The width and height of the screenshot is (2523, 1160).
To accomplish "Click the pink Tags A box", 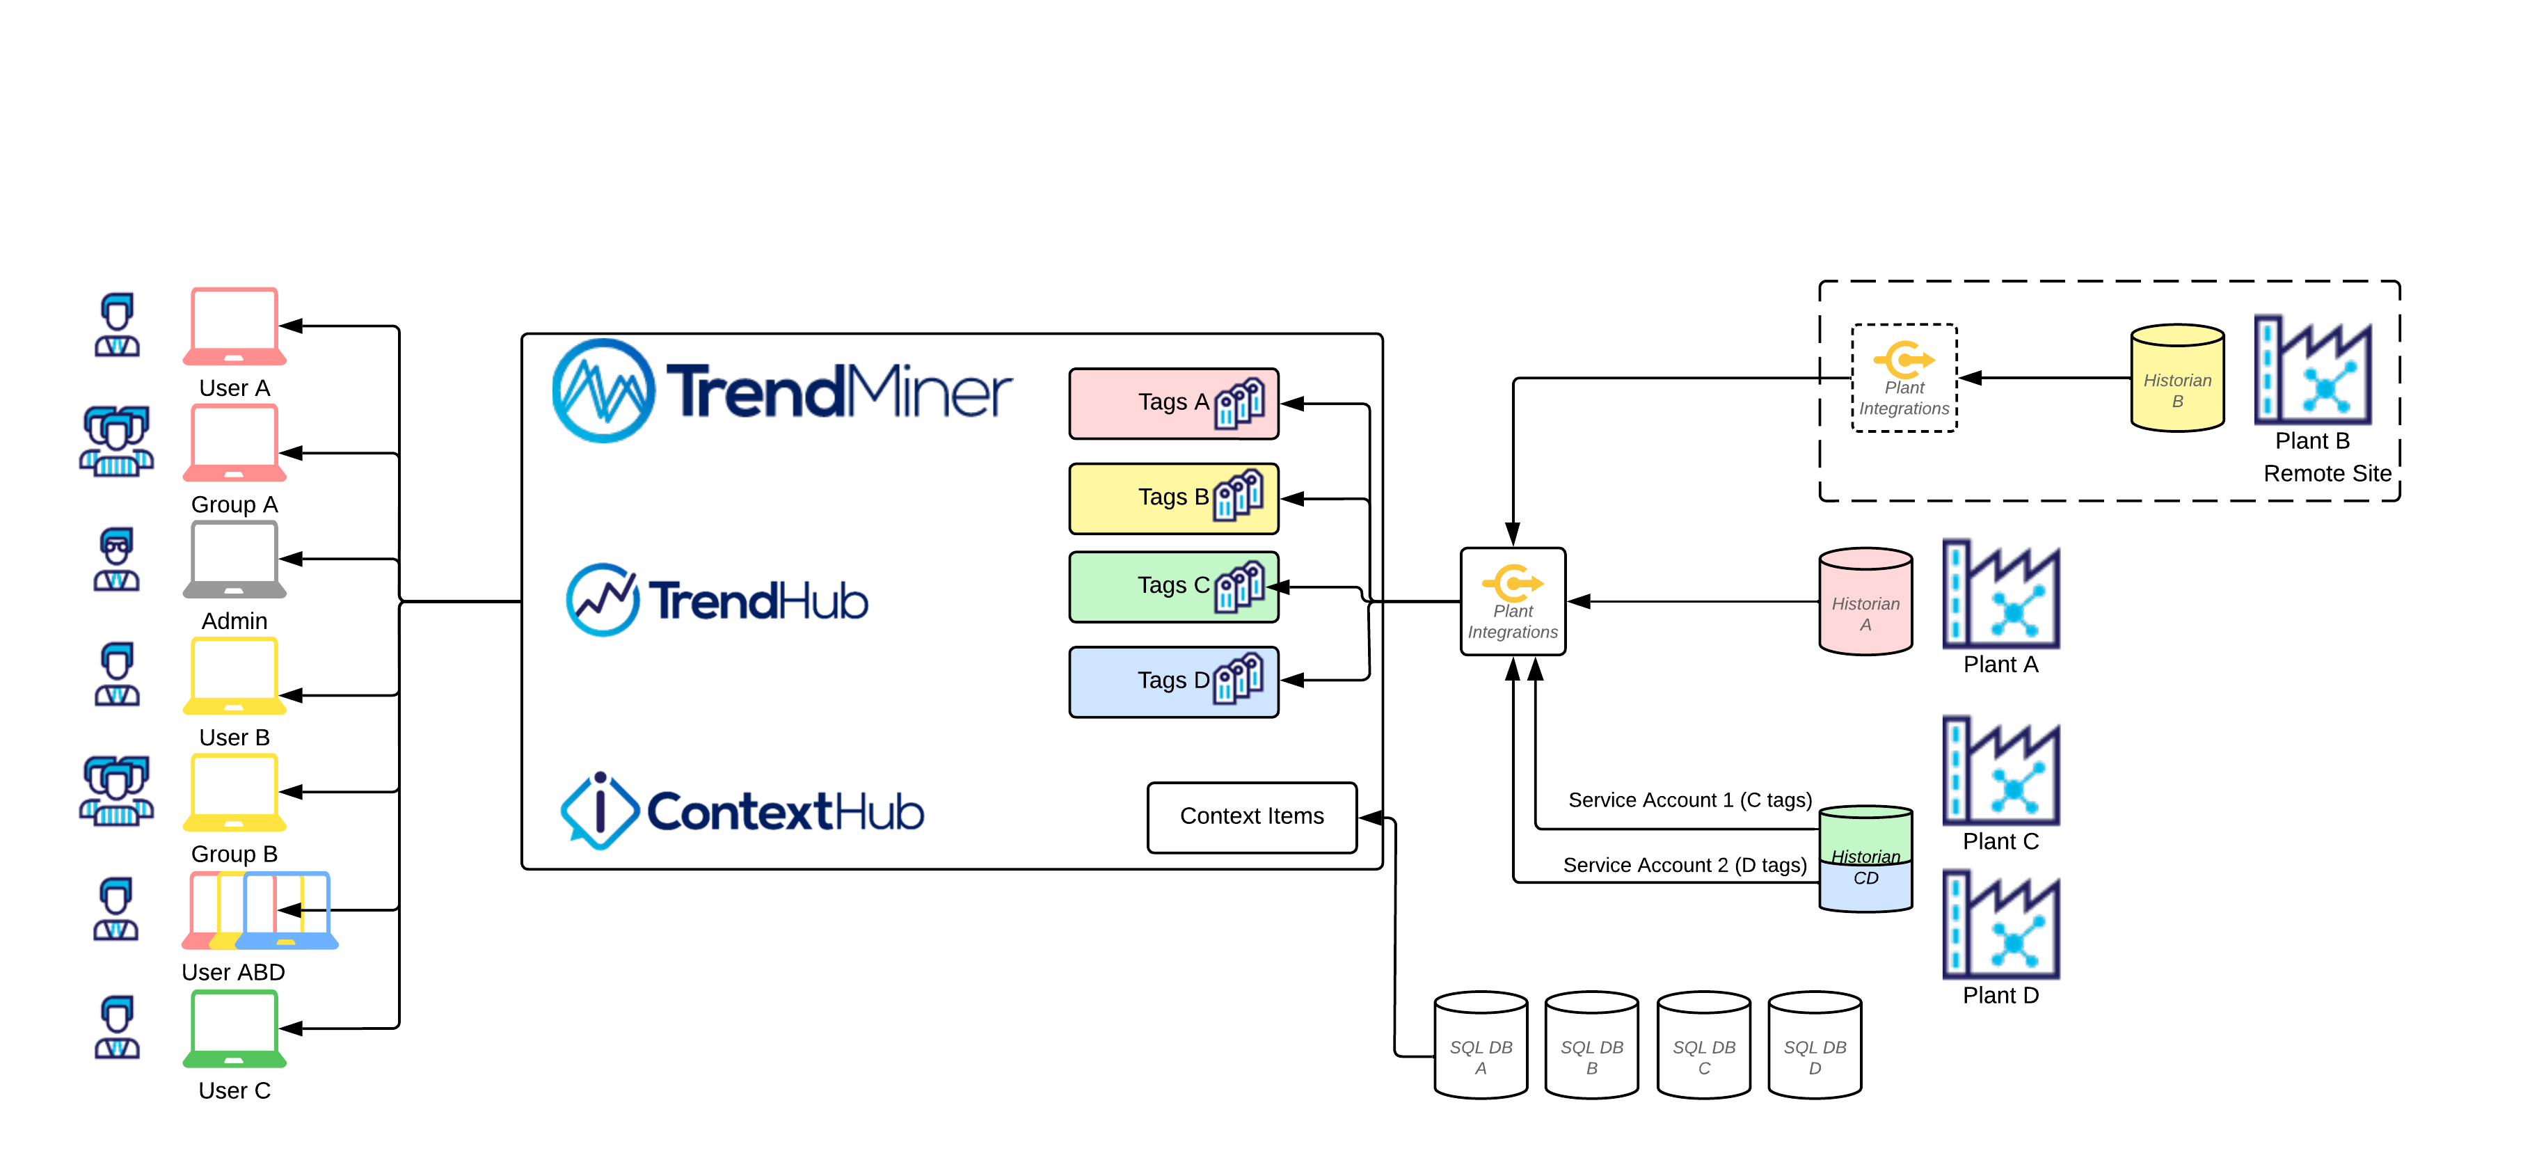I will pyautogui.click(x=1172, y=403).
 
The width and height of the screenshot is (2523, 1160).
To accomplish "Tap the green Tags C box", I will pyautogui.click(x=1172, y=586).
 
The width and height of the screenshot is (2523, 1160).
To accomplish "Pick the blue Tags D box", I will pyautogui.click(x=1172, y=681).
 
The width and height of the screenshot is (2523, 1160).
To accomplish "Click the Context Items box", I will pyautogui.click(x=1251, y=816).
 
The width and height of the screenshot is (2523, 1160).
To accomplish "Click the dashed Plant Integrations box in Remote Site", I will pyautogui.click(x=1903, y=378).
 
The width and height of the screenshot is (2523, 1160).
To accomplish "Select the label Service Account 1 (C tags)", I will pyautogui.click(x=1689, y=800).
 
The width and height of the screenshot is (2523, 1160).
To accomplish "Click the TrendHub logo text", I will pyautogui.click(x=757, y=601).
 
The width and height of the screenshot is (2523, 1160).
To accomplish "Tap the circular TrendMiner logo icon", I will pyautogui.click(x=603, y=391).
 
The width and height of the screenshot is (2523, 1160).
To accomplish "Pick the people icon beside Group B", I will pyautogui.click(x=117, y=790).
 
